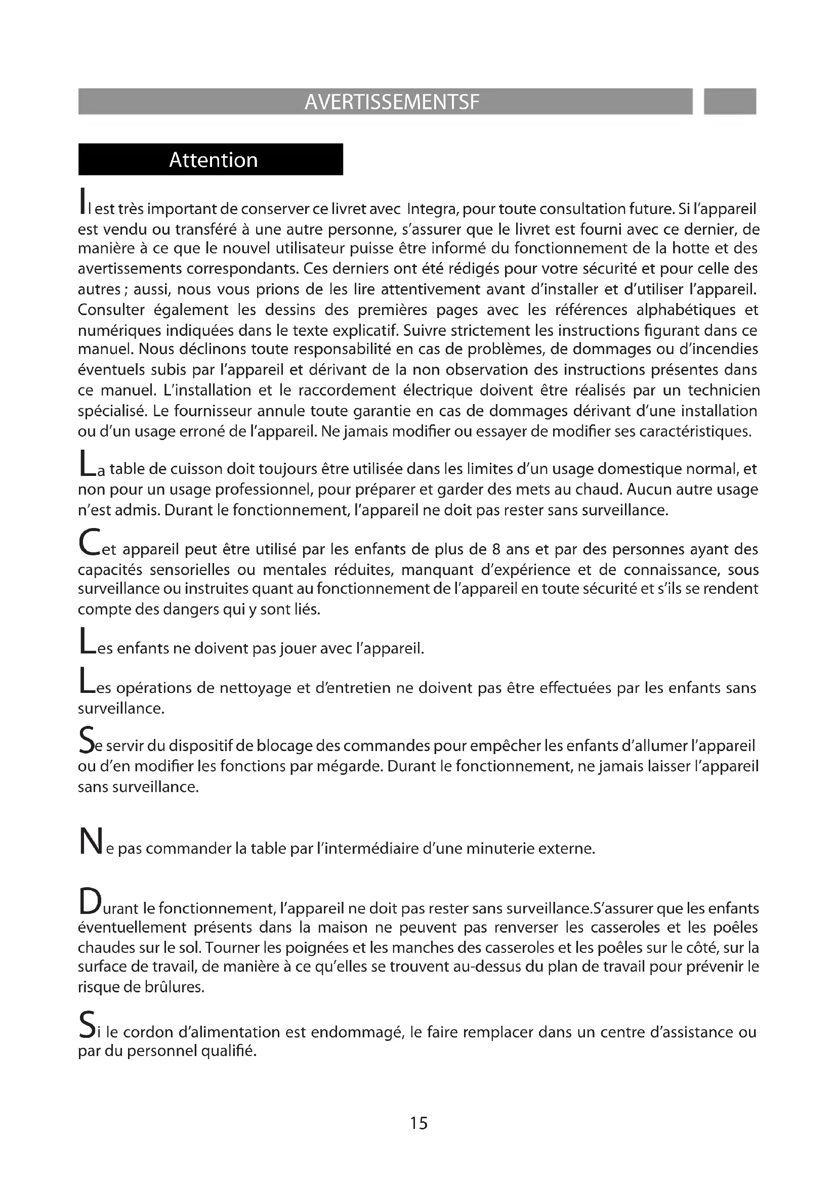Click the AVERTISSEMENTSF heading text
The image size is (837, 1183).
[x=392, y=102]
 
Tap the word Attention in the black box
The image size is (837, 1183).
[x=214, y=160]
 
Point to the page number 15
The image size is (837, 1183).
[x=418, y=1123]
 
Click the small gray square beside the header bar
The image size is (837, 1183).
[x=729, y=102]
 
